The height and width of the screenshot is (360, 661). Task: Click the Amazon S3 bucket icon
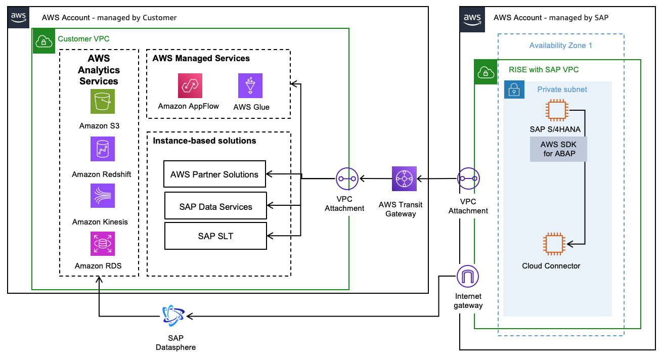pyautogui.click(x=103, y=101)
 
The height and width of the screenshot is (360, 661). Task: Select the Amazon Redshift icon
pyautogui.click(x=103, y=149)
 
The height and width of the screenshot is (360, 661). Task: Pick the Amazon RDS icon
pyautogui.click(x=103, y=244)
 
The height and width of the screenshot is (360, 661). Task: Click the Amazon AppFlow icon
pyautogui.click(x=190, y=85)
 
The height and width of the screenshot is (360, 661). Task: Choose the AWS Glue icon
pyautogui.click(x=250, y=85)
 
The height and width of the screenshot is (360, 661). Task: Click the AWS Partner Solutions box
pyautogui.click(x=215, y=174)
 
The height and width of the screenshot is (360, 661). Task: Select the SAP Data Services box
pyautogui.click(x=215, y=206)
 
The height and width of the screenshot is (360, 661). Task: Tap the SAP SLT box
pyautogui.click(x=215, y=236)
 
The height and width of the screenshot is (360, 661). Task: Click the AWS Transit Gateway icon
pyautogui.click(x=404, y=178)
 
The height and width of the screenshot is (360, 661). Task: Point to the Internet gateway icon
pyautogui.click(x=467, y=277)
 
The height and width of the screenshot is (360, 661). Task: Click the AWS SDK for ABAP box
pyautogui.click(x=558, y=150)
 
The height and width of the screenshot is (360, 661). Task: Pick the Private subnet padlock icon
pyautogui.click(x=513, y=90)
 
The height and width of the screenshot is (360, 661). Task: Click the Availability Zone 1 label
pyautogui.click(x=560, y=46)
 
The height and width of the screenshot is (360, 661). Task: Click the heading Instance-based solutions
pyautogui.click(x=204, y=141)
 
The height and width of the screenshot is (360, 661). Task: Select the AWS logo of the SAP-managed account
pyautogui.click(x=472, y=19)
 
